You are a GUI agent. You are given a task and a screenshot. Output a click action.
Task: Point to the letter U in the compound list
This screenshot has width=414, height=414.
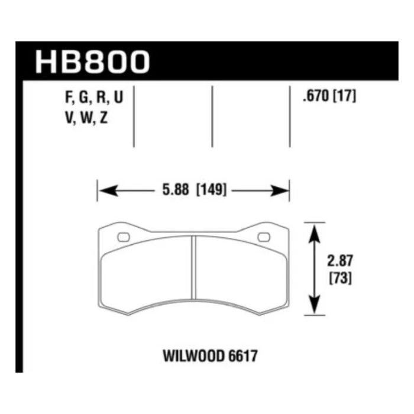pyautogui.click(x=118, y=99)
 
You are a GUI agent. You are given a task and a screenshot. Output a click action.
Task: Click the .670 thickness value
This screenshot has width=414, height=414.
pyautogui.click(x=313, y=98)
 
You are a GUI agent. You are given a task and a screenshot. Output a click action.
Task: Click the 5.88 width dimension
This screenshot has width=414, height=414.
pyautogui.click(x=173, y=191)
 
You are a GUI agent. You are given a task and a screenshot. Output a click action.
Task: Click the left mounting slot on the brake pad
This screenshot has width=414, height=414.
pyautogui.click(x=124, y=237)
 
